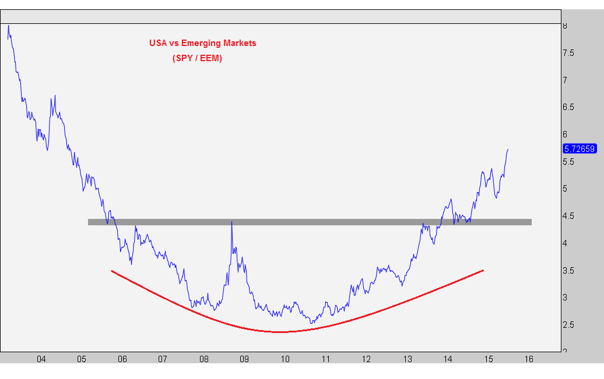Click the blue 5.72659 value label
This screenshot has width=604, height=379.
(580, 148)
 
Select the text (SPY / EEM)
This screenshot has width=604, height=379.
(197, 58)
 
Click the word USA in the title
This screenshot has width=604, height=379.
(158, 42)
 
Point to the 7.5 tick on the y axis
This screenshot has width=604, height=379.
(568, 53)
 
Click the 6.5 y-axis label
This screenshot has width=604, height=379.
(568, 107)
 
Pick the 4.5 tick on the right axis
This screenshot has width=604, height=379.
(568, 216)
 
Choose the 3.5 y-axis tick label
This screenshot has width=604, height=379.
(568, 271)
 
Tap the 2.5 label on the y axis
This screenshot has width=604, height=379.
(568, 325)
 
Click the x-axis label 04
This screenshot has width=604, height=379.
(41, 359)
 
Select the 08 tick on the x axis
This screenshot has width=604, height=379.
(204, 359)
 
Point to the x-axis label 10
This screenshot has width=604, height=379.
(285, 359)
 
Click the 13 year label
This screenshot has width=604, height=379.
(408, 359)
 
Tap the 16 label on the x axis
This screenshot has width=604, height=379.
(529, 359)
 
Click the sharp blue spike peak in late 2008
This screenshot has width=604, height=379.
(231, 222)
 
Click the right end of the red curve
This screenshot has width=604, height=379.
(483, 271)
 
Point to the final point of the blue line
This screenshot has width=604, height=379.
(508, 149)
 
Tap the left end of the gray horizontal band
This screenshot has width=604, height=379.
(89, 222)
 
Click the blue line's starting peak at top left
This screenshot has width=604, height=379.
(9, 26)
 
